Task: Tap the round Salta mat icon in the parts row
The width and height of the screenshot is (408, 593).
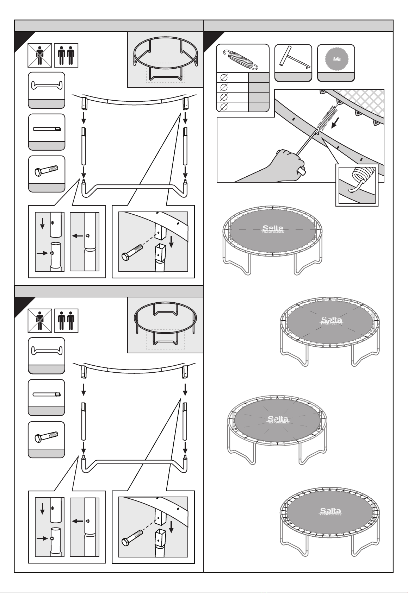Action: (x=336, y=59)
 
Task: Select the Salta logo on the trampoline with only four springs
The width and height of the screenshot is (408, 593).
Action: (x=273, y=229)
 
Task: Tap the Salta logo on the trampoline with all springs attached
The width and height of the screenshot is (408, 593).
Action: (x=330, y=511)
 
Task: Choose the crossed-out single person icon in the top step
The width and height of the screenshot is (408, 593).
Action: (x=40, y=55)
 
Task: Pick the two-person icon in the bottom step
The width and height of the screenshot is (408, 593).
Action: (x=66, y=321)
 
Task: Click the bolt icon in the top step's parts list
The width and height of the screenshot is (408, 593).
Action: (x=47, y=170)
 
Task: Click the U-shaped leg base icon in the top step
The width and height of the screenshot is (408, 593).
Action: (x=47, y=86)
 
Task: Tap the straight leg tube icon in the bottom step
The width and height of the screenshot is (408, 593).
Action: (x=47, y=394)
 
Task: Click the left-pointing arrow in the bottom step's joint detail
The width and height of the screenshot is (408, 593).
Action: (x=78, y=521)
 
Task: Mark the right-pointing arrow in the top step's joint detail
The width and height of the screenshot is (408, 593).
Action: (x=42, y=253)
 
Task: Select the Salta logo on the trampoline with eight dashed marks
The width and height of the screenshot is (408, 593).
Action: (x=331, y=321)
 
